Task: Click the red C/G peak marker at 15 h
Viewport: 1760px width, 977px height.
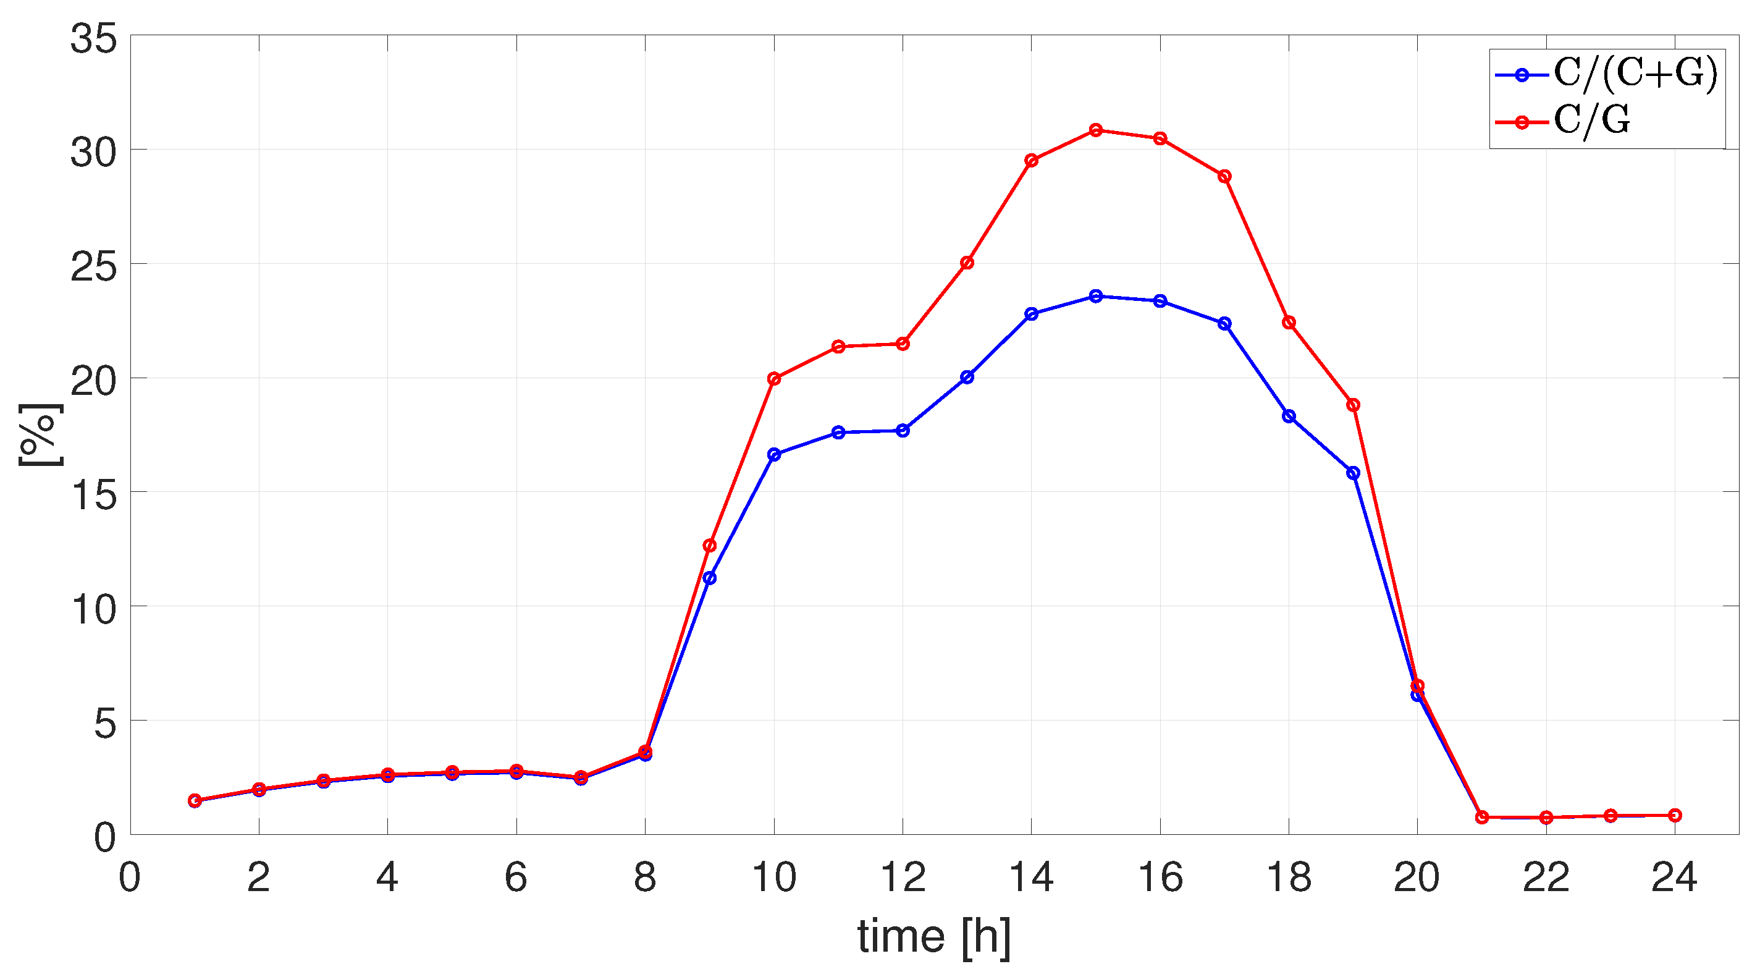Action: [x=1096, y=130]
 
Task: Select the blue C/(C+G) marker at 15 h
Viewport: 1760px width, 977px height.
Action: [x=1096, y=296]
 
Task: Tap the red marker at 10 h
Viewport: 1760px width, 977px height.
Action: [x=774, y=378]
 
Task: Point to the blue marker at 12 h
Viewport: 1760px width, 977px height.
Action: [x=903, y=431]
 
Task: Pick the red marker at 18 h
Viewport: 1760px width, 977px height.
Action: [x=1289, y=323]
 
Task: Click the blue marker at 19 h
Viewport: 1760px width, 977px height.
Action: [x=1353, y=473]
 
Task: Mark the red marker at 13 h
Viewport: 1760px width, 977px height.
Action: [x=967, y=263]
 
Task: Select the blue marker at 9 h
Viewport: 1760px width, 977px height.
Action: [x=710, y=578]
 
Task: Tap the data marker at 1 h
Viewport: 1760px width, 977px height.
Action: [x=195, y=801]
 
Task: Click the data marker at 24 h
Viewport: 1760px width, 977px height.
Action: [x=1675, y=815]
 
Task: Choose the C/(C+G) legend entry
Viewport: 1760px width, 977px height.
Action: [x=1635, y=74]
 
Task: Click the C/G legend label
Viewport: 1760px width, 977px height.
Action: [x=1592, y=121]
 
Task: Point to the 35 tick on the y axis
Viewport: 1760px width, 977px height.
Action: [x=94, y=38]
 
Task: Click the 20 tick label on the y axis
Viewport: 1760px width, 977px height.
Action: [x=94, y=381]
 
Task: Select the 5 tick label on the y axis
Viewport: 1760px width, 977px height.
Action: [x=105, y=723]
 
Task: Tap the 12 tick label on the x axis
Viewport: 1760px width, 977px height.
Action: [x=903, y=878]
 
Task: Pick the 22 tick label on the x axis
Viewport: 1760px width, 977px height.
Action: [x=1546, y=878]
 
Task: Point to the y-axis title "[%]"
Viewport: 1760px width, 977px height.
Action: [x=40, y=435]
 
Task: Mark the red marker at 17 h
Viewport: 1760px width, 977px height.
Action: [x=1224, y=176]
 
